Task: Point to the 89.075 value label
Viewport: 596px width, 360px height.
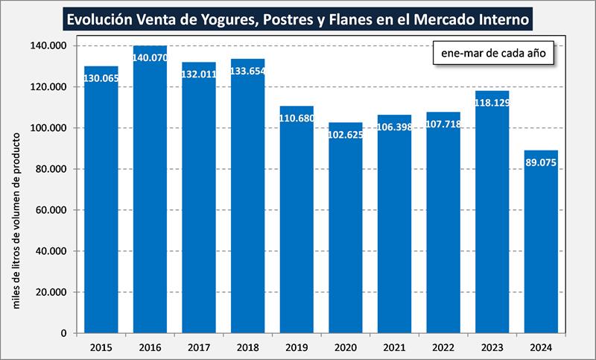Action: (542, 162)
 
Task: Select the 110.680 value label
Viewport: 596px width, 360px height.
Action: (297, 119)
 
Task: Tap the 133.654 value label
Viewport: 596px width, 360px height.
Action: (248, 72)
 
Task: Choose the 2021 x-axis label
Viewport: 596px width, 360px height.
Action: (395, 347)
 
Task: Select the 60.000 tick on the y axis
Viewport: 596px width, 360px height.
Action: (54, 210)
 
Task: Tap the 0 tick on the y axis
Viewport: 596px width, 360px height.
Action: (65, 333)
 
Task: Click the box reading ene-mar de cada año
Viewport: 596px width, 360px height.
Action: (493, 55)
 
